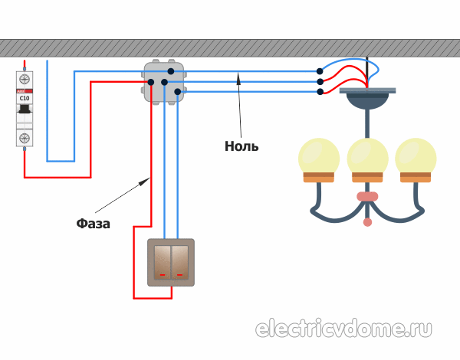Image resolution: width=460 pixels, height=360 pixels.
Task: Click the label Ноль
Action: pyautogui.click(x=242, y=146)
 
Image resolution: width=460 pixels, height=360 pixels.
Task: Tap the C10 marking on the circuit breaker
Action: pyautogui.click(x=25, y=98)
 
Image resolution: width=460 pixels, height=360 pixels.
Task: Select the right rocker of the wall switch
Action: pyautogui.click(x=180, y=261)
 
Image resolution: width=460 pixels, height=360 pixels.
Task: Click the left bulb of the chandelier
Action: pyautogui.click(x=318, y=157)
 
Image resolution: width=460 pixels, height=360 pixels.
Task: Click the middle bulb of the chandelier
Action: pyautogui.click(x=367, y=157)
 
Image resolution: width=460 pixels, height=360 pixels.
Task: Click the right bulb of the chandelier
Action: pyautogui.click(x=416, y=157)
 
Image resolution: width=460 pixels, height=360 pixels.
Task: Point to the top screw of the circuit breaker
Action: pyautogui.click(x=25, y=79)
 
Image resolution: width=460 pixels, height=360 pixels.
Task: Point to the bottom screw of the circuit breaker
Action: pyautogui.click(x=25, y=138)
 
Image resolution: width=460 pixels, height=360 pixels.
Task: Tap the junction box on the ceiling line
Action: pyautogui.click(x=163, y=82)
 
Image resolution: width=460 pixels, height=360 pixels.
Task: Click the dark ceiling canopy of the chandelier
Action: pyautogui.click(x=367, y=99)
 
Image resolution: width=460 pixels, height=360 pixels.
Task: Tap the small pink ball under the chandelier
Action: pyautogui.click(x=367, y=222)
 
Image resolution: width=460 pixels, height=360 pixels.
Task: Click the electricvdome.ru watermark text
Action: pyautogui.click(x=343, y=329)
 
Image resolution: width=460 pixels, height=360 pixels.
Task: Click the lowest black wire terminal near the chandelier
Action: pyautogui.click(x=320, y=92)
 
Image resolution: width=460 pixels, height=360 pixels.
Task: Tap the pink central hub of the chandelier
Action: pyautogui.click(x=367, y=196)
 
